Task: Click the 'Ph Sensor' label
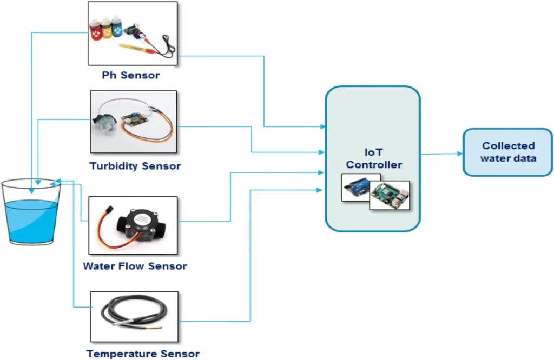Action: (131, 75)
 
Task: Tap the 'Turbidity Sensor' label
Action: (135, 166)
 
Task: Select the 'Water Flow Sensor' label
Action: (135, 266)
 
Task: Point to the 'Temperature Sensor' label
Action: (143, 354)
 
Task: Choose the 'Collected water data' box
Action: (507, 152)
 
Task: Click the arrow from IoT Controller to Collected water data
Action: (441, 154)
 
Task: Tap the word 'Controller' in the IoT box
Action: (374, 165)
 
